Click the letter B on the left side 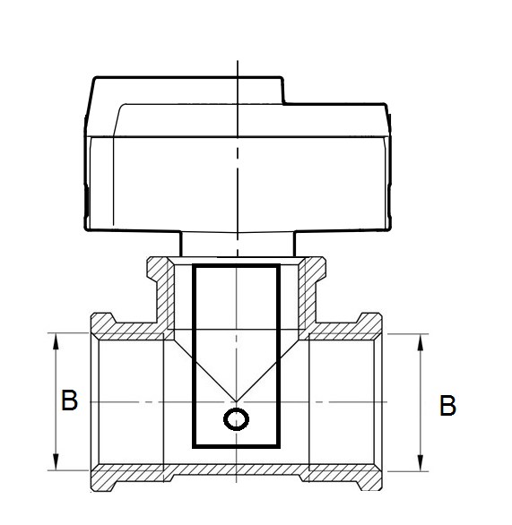pos(69,400)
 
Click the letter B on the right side pos(447,406)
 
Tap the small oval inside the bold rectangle pos(238,418)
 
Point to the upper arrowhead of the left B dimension pos(57,339)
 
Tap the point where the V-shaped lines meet pos(237,401)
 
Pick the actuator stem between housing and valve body pos(237,244)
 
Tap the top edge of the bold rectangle pos(237,266)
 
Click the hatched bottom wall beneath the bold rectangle pos(237,470)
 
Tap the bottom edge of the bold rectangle pos(237,445)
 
